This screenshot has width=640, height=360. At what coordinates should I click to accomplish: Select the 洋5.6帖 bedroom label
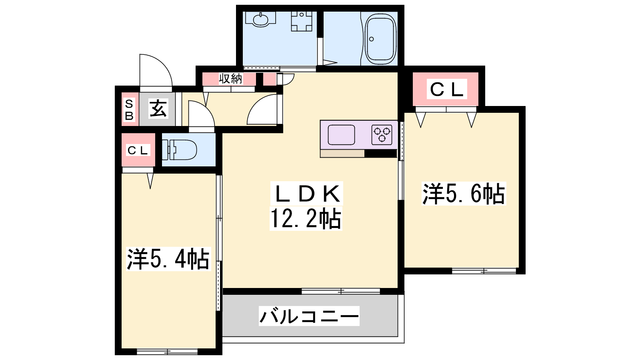(464, 194)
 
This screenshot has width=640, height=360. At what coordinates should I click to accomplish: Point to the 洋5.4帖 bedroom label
(168, 259)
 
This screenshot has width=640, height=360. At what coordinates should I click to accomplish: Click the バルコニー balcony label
(309, 316)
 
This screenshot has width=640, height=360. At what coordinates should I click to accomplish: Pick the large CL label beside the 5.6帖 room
(446, 89)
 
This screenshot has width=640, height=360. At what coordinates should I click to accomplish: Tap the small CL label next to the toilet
(138, 150)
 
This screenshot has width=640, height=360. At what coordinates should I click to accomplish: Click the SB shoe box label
(129, 110)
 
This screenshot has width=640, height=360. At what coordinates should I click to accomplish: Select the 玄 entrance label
(158, 108)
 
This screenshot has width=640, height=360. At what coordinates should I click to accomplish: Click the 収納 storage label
(230, 78)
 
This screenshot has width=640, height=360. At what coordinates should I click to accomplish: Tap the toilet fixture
(180, 150)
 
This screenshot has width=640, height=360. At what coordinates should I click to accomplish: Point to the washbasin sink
(260, 20)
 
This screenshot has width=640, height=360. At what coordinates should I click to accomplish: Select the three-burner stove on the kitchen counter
(382, 135)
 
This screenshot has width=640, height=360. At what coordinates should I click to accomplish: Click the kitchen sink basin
(342, 135)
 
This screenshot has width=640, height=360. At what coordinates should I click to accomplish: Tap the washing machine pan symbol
(302, 21)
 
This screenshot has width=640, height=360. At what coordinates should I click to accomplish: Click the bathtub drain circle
(372, 39)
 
